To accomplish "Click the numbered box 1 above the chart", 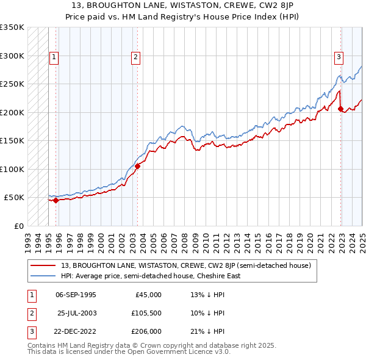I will tap(54, 57).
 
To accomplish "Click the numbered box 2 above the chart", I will tap(135, 57).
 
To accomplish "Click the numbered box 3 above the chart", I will tap(339, 57).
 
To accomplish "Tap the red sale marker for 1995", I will tap(56, 200).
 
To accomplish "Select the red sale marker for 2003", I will tap(137, 166).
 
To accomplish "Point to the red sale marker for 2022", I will tap(340, 109).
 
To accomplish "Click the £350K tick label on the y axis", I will tap(12, 27).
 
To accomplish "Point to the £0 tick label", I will tap(18, 226).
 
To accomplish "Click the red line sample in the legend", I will tap(43, 265).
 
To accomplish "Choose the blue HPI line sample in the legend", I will tap(43, 276).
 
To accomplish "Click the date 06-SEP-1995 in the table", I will tap(76, 295).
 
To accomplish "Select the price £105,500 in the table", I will tap(146, 313).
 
